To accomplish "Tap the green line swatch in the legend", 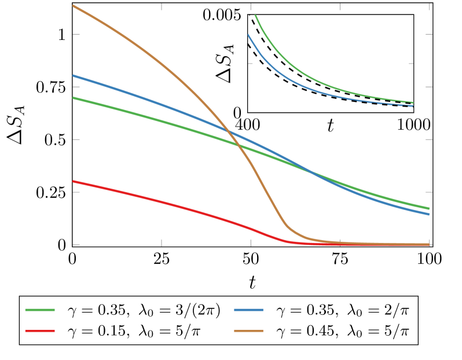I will [41, 311].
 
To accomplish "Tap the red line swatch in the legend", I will [41, 331].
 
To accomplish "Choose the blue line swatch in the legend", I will [249, 311].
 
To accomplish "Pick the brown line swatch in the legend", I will [249, 331].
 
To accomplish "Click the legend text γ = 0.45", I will [306, 332].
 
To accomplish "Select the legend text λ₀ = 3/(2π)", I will [180, 311].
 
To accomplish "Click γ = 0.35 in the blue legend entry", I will [306, 311].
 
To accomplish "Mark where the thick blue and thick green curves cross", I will [311, 171].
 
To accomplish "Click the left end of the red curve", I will [73, 181].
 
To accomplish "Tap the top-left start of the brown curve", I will [73, 6].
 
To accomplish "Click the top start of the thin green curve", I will [255, 16].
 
